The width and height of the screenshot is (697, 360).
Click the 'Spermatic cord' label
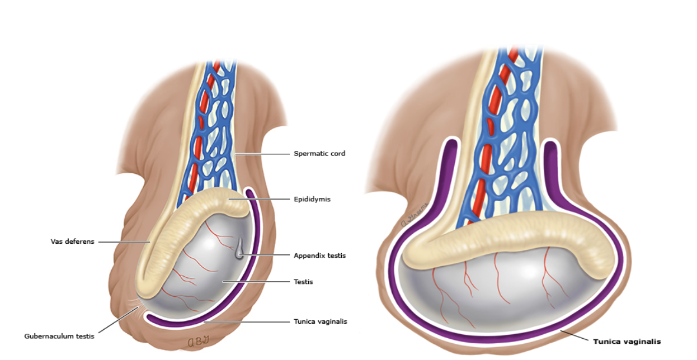319,154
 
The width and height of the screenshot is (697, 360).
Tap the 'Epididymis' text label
312,199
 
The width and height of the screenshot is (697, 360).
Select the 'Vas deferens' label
73,241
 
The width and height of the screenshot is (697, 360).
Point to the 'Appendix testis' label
319,255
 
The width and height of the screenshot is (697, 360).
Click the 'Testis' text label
303,282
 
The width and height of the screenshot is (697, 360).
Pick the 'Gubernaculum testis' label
59,336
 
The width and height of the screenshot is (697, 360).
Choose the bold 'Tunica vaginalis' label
627,342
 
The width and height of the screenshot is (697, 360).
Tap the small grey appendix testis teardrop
239,250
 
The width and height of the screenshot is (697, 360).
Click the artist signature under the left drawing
198,341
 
